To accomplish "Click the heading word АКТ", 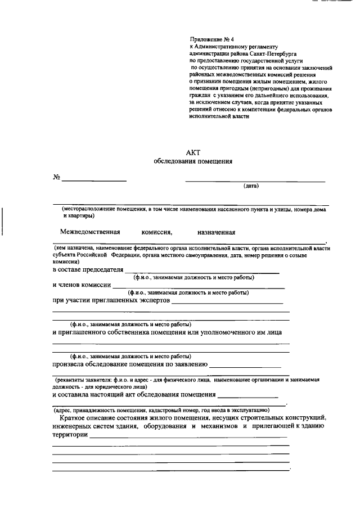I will [192, 152].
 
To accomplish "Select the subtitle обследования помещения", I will [192, 161].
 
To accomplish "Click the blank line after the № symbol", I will [94, 180].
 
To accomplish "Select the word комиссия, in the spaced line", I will [157, 232].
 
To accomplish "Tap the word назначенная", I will [216, 232].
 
